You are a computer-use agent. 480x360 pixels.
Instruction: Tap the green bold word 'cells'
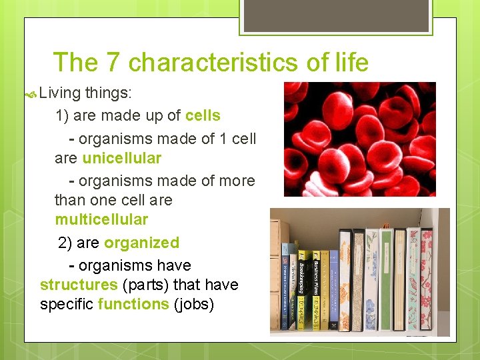203,115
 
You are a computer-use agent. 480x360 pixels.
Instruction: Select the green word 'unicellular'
121,158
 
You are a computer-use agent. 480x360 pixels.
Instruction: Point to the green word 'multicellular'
101,219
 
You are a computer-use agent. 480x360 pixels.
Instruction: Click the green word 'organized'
141,243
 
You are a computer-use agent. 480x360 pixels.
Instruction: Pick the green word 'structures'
79,285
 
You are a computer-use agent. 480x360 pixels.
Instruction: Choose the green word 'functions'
133,304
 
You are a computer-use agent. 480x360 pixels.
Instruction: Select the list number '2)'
66,243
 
